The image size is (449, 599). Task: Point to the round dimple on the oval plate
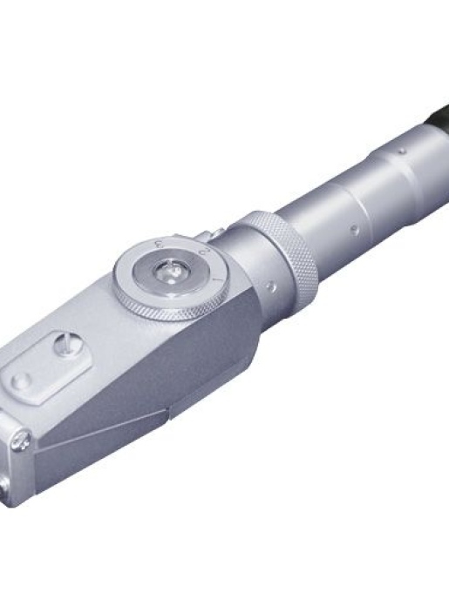click(x=20, y=380)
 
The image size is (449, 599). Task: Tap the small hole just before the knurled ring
click(x=273, y=284)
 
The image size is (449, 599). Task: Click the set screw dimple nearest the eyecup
click(x=400, y=151)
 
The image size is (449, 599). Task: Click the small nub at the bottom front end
click(x=9, y=497)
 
